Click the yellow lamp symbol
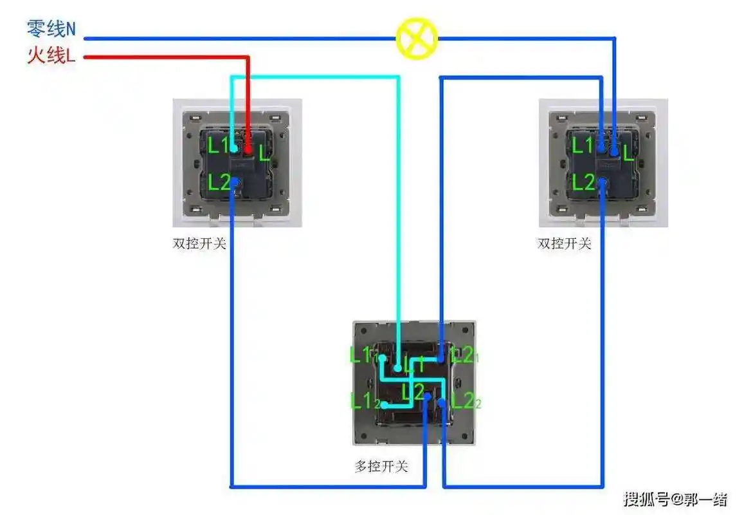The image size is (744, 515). [417, 39]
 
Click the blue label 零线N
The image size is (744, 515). [51, 28]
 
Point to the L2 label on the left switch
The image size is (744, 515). [218, 183]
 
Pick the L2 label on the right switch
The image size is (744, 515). [583, 183]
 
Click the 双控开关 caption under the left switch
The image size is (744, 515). [199, 244]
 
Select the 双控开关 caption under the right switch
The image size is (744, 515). [564, 244]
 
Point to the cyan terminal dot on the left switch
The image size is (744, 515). [233, 149]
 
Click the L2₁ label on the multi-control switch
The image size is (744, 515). [464, 354]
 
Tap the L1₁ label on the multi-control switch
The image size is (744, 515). [362, 355]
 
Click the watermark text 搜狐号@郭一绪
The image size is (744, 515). [675, 498]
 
